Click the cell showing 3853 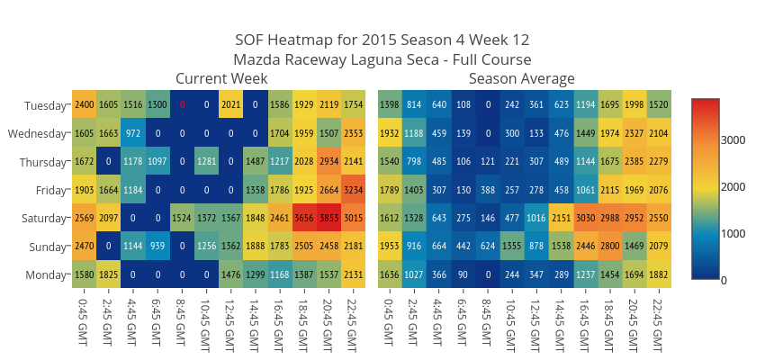(x=328, y=219)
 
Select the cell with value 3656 (x=304, y=219)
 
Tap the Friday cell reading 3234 (x=353, y=190)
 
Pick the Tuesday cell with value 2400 (x=85, y=104)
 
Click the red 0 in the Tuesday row (x=182, y=104)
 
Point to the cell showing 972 (x=133, y=133)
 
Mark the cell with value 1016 (x=536, y=219)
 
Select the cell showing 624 (x=488, y=247)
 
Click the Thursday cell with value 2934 (x=328, y=161)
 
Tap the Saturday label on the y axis (x=42, y=219)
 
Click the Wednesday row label (x=37, y=133)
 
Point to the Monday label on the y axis (x=45, y=275)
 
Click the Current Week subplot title (x=221, y=79)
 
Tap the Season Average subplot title (x=522, y=79)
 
